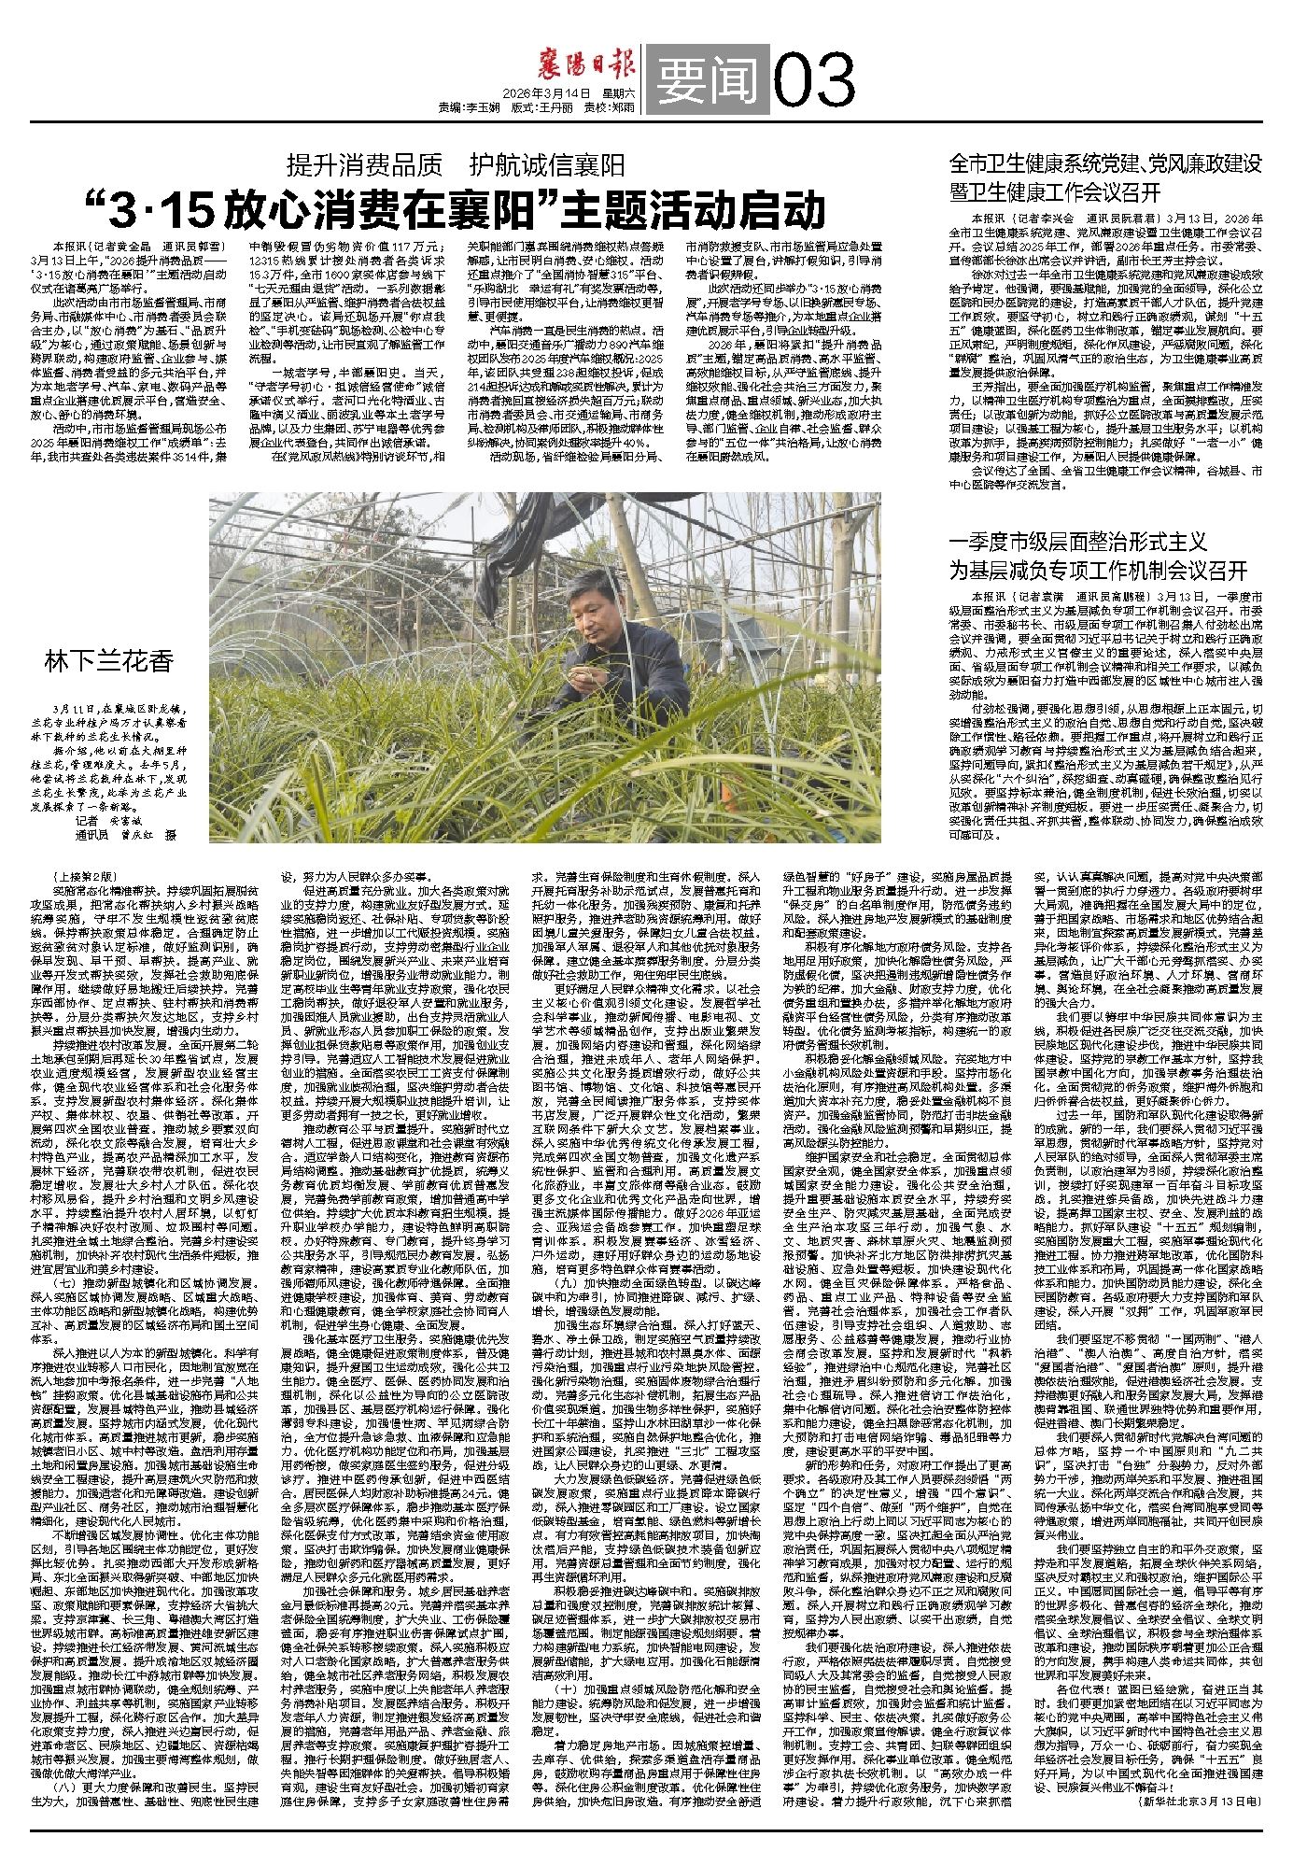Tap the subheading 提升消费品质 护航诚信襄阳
456,167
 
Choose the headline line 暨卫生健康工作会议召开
1055,192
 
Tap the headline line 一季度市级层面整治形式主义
1078,543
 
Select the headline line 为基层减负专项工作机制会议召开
1098,571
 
